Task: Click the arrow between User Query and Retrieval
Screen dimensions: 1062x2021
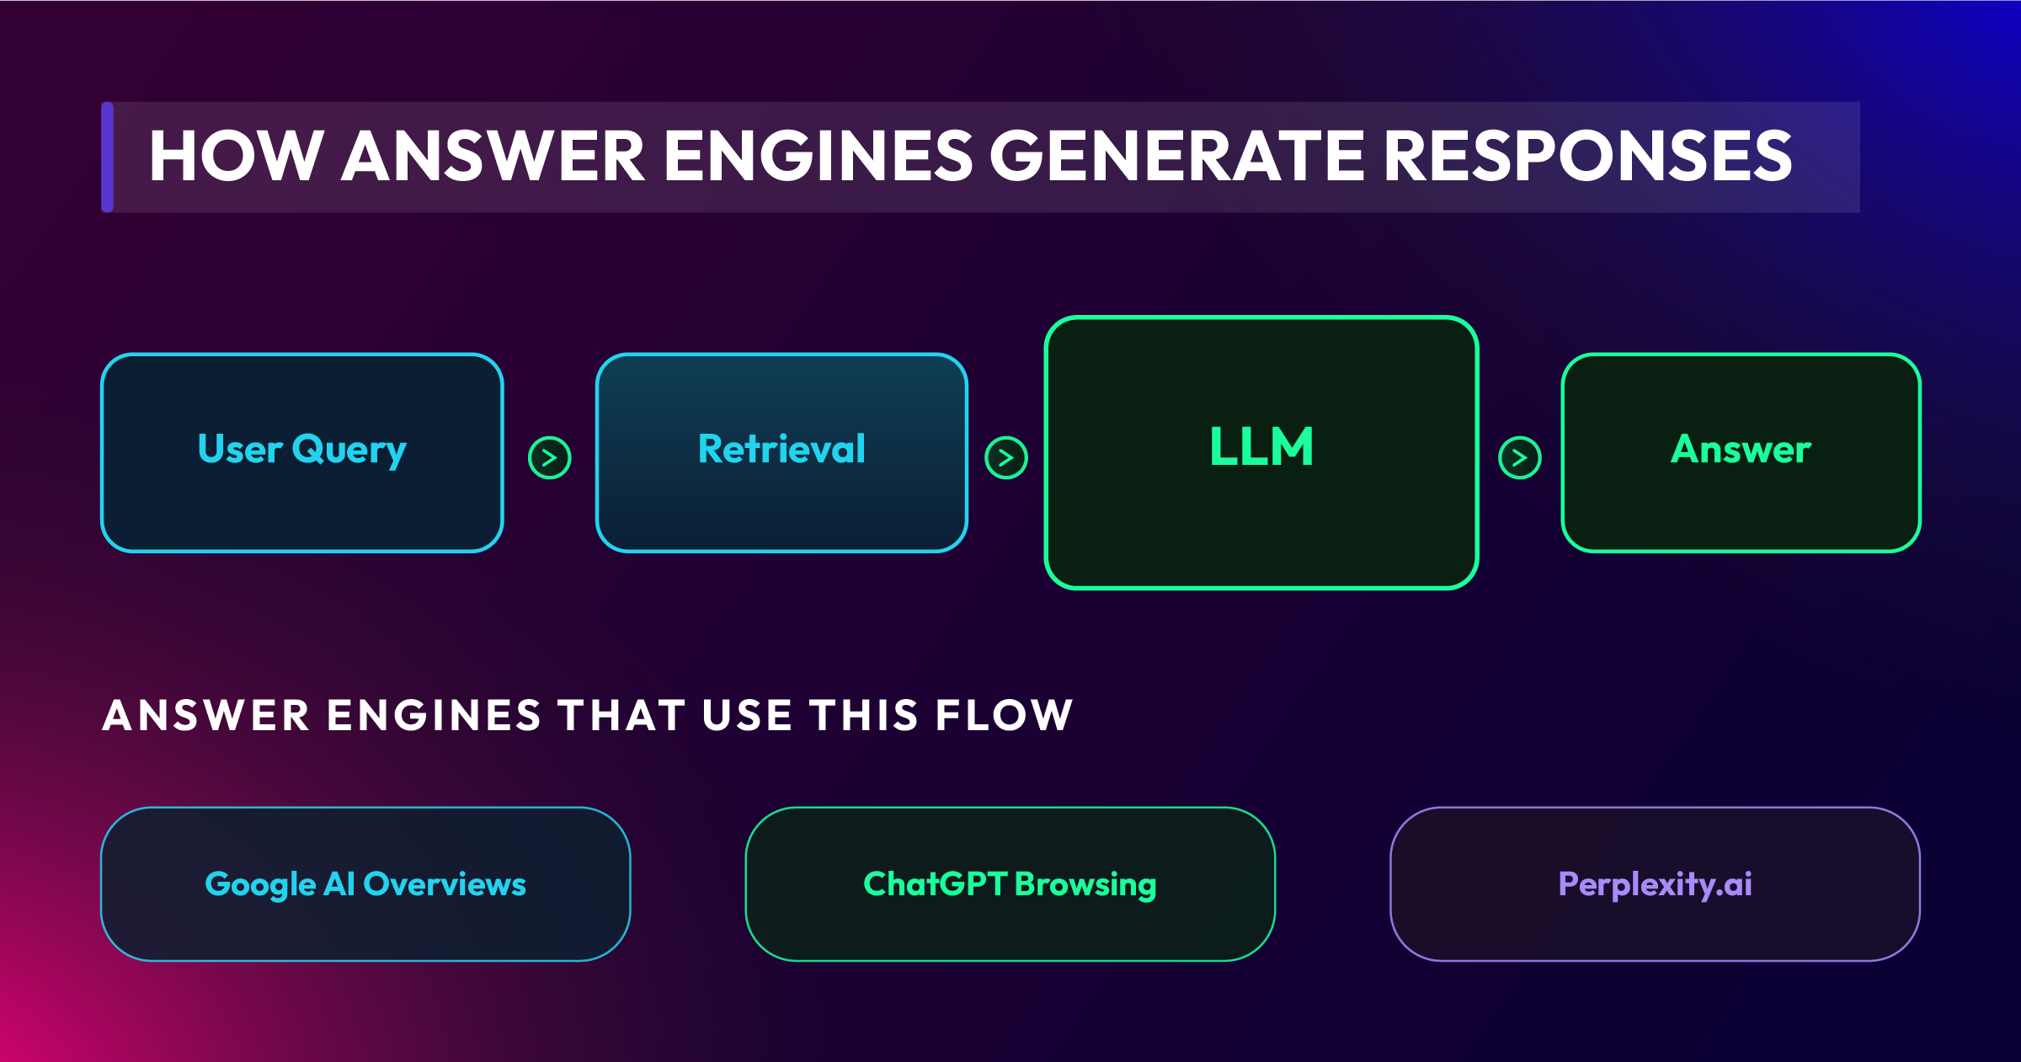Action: pyautogui.click(x=550, y=458)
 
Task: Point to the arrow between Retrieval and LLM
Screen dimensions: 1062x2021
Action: pyautogui.click(x=1006, y=458)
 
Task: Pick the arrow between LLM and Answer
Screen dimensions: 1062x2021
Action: pyautogui.click(x=1520, y=458)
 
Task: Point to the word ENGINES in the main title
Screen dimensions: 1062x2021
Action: pyautogui.click(x=818, y=157)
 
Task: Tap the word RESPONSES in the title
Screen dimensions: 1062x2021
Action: pyautogui.click(x=1587, y=157)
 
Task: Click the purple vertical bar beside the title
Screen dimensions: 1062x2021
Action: pyautogui.click(x=107, y=157)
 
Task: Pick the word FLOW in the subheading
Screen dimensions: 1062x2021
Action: pyautogui.click(x=1004, y=716)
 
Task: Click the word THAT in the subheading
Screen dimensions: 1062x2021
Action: pyautogui.click(x=621, y=716)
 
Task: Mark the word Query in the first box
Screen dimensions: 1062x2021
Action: pyautogui.click(x=349, y=451)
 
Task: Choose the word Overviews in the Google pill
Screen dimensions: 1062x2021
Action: pyautogui.click(x=445, y=884)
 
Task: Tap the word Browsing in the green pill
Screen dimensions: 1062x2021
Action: pyautogui.click(x=1085, y=884)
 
